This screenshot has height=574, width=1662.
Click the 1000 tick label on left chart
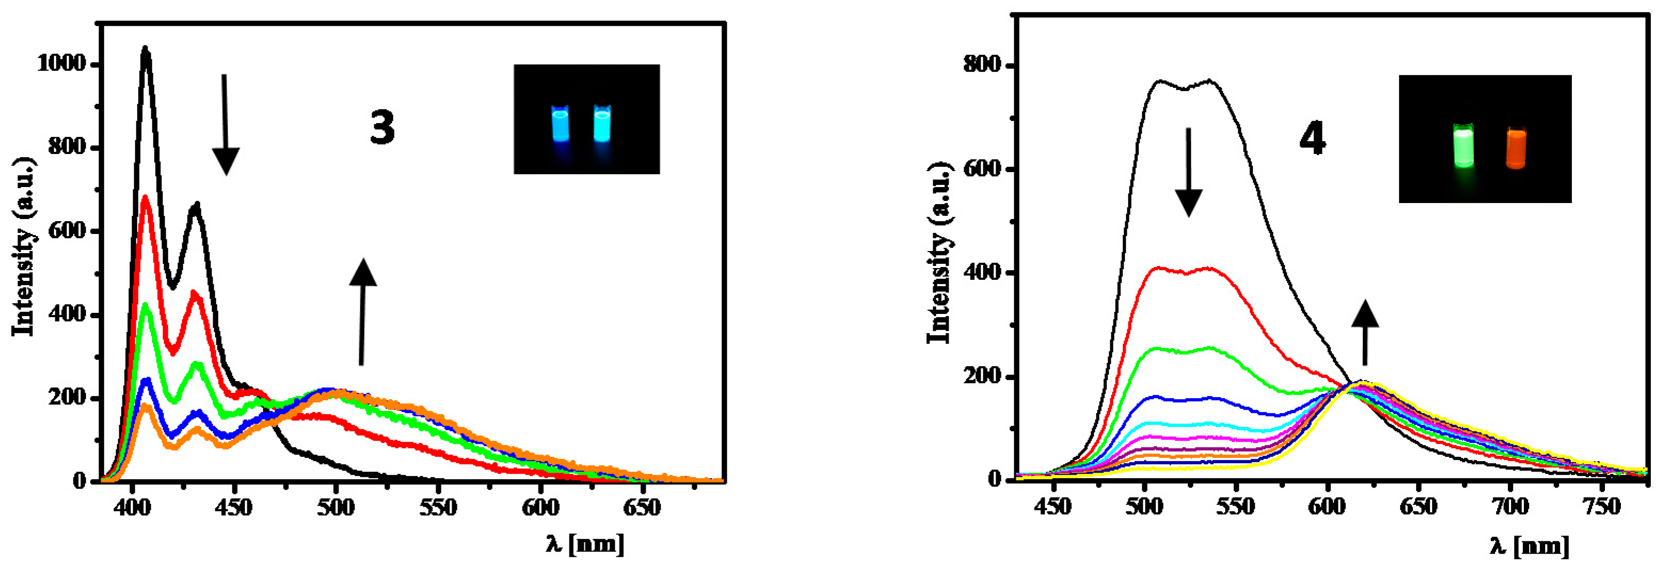[x=61, y=64]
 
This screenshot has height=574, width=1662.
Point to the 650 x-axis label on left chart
[x=642, y=507]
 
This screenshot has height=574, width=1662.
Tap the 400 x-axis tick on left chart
[x=133, y=507]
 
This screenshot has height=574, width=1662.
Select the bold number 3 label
[x=382, y=127]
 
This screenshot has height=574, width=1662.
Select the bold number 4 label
[x=1312, y=139]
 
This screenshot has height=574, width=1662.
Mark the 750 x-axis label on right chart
[x=1601, y=506]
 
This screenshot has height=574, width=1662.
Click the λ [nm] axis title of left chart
[x=584, y=544]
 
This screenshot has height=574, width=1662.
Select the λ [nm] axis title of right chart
[x=1529, y=546]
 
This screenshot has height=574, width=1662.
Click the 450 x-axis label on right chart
[x=1053, y=506]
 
